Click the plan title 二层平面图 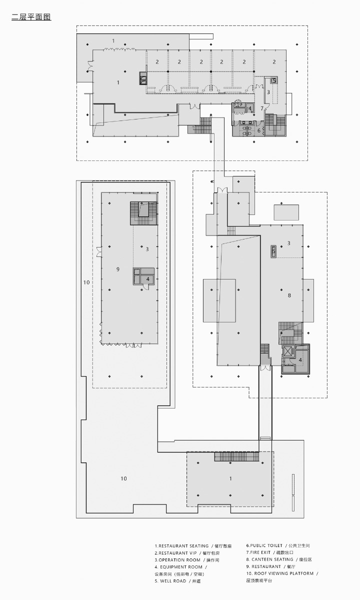pos(31,17)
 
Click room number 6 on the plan pos(259,130)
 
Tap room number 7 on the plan pos(261,108)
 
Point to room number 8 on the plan pos(289,295)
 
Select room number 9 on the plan pos(118,269)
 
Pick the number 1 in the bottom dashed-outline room pos(230,478)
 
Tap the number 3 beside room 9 pos(147,248)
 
